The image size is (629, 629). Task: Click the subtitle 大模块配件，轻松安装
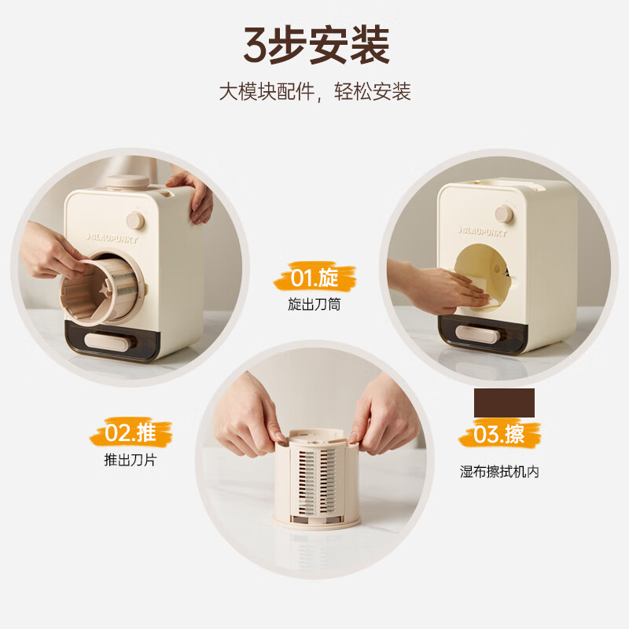314,92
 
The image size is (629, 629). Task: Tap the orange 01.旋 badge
314,278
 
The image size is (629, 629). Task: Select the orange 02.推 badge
131,432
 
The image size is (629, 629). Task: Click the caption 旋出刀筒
314,303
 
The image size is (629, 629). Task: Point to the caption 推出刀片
131,460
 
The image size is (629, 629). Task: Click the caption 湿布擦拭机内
499,472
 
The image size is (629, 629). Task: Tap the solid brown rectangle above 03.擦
504,403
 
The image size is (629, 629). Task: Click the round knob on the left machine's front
136,220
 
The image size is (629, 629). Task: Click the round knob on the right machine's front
504,213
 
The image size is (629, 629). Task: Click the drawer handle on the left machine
107,340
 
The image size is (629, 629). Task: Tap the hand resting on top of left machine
193,193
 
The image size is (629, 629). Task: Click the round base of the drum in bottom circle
314,521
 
